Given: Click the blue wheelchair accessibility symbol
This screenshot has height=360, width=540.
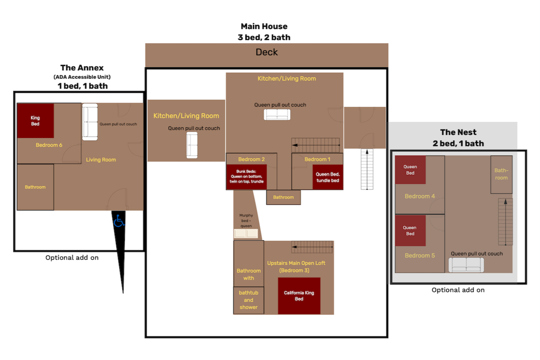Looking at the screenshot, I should point(119,221).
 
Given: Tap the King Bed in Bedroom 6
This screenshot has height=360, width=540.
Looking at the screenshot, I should point(35,121).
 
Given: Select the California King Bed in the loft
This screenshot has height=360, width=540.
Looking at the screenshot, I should point(299,296).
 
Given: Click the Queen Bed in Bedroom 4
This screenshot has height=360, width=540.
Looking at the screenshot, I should point(410,170).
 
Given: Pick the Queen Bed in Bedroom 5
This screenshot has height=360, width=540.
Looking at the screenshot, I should point(410,231).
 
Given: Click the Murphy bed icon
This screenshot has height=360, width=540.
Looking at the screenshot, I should point(246,234).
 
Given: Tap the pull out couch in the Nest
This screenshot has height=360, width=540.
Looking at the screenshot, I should point(466,265).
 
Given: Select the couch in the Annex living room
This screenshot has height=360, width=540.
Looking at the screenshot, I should point(90,122).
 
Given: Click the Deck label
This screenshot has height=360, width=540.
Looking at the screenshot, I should point(267,52).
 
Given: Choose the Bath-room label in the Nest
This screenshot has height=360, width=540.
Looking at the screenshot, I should point(501,174).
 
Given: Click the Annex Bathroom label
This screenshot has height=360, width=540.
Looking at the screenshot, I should point(35,187).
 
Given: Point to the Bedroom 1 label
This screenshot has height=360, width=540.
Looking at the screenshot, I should point(317,159).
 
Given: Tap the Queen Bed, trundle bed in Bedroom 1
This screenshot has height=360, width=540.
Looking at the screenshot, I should point(328,177).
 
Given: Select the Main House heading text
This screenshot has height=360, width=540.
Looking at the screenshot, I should point(264,27).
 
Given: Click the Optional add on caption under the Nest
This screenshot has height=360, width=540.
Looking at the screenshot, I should point(458,290).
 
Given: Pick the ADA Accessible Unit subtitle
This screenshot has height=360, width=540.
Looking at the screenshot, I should point(82,77).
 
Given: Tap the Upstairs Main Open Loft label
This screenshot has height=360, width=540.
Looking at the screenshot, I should point(296,267).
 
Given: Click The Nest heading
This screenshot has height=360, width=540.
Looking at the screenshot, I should point(458,132).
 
